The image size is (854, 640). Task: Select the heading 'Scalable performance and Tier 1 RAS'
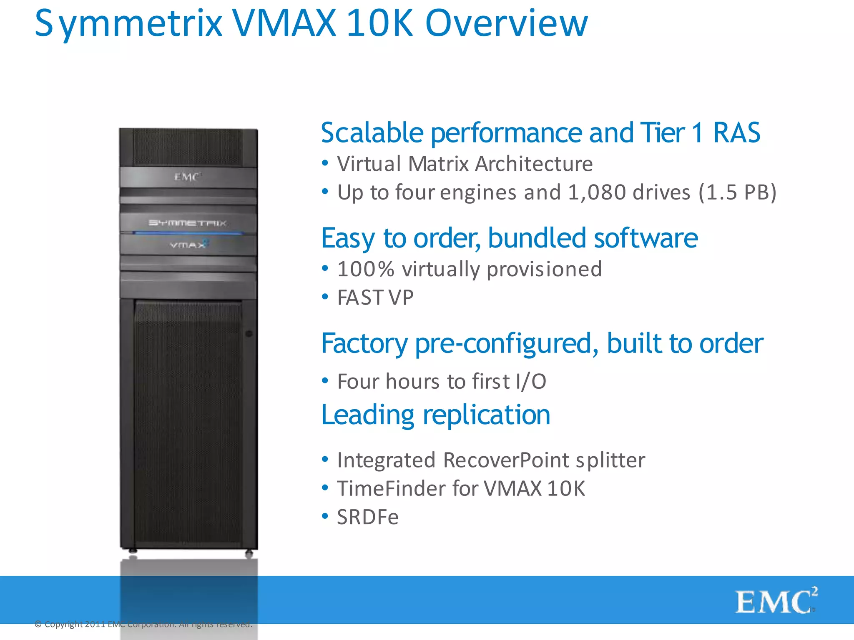(540, 133)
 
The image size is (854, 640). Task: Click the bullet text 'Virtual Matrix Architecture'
(465, 164)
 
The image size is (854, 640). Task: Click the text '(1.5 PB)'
(737, 192)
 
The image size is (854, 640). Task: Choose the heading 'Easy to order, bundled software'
(509, 238)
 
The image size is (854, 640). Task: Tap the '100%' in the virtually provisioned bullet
(366, 269)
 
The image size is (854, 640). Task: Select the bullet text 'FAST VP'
(375, 297)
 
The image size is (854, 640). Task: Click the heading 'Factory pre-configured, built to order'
(542, 343)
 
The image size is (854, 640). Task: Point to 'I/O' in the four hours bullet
(530, 382)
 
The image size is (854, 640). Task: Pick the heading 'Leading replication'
(436, 415)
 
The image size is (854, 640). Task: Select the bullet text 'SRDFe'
(367, 517)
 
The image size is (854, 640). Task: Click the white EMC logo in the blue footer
(776, 601)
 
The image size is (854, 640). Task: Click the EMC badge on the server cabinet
(187, 177)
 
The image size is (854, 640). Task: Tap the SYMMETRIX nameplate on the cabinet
(188, 223)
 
